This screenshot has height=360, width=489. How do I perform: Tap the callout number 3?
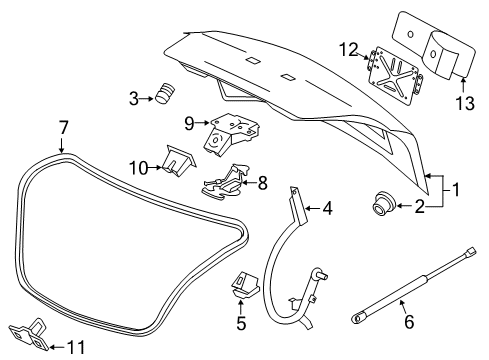point(133,97)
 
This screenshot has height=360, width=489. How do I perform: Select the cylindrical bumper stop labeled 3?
point(163,95)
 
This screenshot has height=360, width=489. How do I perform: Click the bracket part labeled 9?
point(231,134)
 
